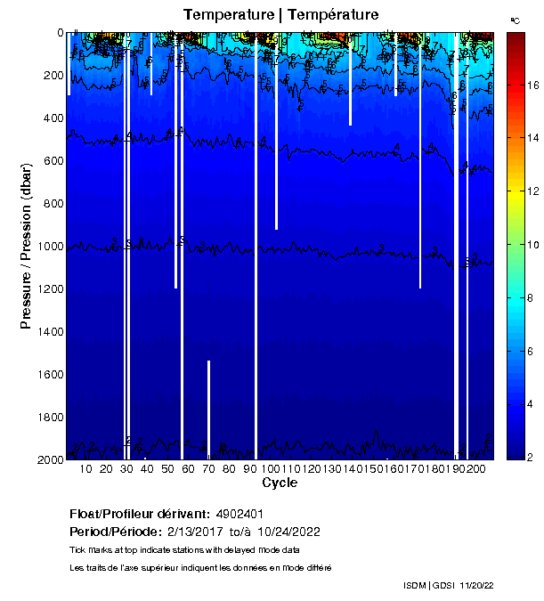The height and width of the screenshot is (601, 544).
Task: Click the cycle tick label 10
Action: (x=86, y=469)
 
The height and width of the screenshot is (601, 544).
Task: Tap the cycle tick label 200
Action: (x=476, y=469)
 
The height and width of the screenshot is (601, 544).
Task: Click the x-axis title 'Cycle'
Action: (x=280, y=483)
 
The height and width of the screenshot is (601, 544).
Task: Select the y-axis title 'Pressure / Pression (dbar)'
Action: (x=27, y=247)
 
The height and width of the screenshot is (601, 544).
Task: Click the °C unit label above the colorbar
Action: (x=515, y=20)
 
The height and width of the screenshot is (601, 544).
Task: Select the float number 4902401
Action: (x=241, y=515)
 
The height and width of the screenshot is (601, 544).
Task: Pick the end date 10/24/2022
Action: (x=289, y=532)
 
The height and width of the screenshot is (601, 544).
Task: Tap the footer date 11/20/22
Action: (x=476, y=585)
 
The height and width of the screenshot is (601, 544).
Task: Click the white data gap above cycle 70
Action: (x=208, y=410)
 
